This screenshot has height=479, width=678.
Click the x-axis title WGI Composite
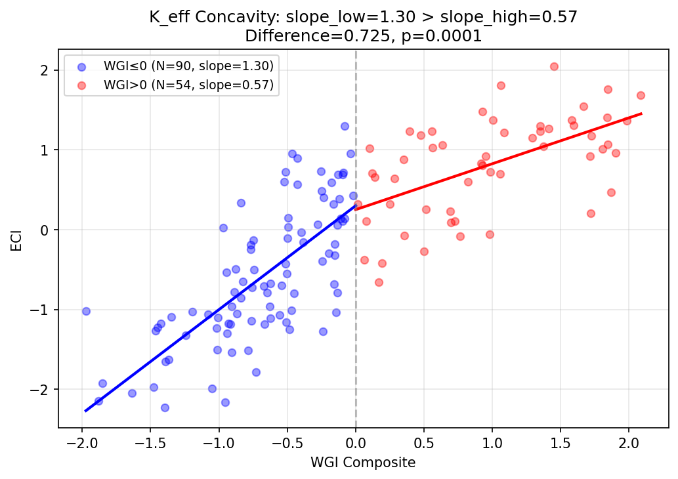(x=363, y=463)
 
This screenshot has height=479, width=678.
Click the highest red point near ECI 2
(x=554, y=66)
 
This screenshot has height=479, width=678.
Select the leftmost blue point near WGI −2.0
(x=86, y=311)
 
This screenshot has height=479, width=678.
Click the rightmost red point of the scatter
(x=641, y=95)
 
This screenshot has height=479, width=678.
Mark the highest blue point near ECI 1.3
(x=345, y=126)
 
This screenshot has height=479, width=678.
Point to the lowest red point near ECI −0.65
(x=379, y=282)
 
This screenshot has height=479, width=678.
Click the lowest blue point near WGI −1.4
(x=165, y=407)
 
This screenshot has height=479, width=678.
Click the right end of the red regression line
(x=641, y=114)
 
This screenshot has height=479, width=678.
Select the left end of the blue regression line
(x=85, y=411)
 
